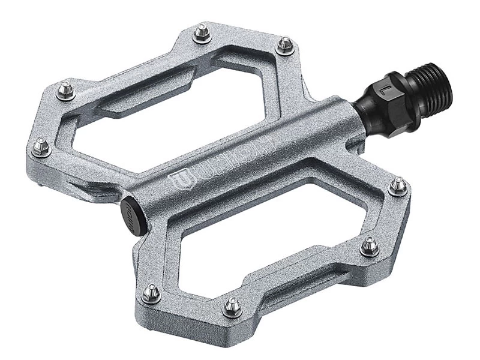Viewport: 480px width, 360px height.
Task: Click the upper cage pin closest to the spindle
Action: [x=286, y=44]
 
